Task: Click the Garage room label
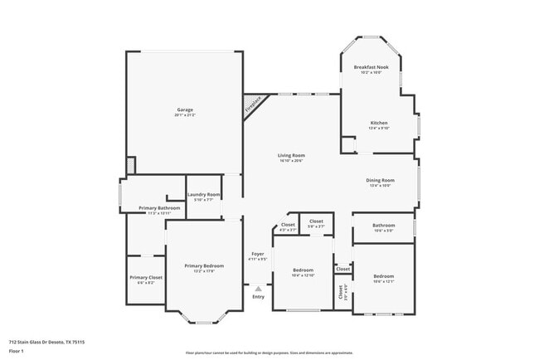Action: [184, 109]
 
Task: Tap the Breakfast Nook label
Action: [371, 66]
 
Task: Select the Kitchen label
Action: [378, 123]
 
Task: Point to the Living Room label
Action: [291, 155]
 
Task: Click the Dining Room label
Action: [380, 180]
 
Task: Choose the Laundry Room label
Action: [203, 194]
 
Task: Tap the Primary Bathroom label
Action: [159, 207]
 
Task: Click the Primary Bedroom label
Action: [204, 265]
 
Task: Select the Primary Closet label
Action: [145, 278]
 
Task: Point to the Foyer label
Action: [258, 254]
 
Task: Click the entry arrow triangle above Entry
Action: [258, 289]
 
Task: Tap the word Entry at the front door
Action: [258, 297]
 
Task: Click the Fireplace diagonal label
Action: [252, 106]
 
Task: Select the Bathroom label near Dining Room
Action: [383, 225]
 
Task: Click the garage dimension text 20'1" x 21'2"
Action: [184, 115]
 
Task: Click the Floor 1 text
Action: [17, 350]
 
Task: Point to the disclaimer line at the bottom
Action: [269, 353]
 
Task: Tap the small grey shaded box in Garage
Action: [130, 166]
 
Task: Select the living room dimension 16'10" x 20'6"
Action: [291, 161]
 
